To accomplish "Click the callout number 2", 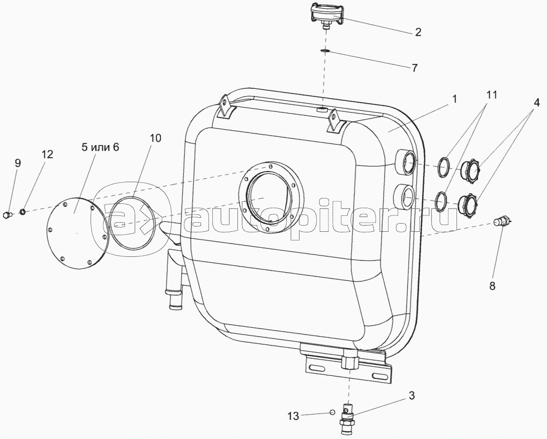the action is (418, 32).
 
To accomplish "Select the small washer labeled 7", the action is (325, 52).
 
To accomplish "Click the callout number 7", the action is (415, 67).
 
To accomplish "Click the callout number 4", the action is (536, 103).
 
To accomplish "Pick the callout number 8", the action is (493, 286).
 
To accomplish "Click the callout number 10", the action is (156, 138).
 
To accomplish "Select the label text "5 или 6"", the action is (101, 147).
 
